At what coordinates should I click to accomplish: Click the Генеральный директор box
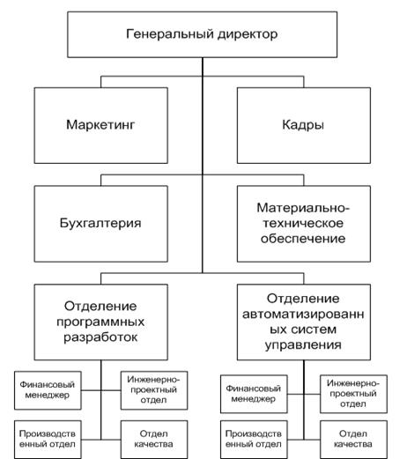(x=202, y=34)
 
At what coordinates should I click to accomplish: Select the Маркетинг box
(x=101, y=125)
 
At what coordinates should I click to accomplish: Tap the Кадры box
(x=304, y=125)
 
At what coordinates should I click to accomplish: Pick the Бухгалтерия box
(x=101, y=224)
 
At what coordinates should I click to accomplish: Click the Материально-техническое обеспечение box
(x=304, y=224)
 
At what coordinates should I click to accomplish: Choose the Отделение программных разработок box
(x=101, y=322)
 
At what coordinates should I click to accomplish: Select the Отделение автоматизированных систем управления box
(x=304, y=322)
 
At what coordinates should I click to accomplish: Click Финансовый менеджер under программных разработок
(x=48, y=390)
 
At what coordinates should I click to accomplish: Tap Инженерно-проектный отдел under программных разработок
(x=154, y=390)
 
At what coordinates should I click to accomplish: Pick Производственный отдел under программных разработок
(x=48, y=440)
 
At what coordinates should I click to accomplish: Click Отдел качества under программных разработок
(x=154, y=440)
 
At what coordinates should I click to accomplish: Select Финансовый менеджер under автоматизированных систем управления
(x=254, y=394)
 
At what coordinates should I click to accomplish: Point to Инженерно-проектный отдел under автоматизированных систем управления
(x=353, y=394)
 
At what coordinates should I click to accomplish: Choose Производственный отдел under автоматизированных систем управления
(x=254, y=440)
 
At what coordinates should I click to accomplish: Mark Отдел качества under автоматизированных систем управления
(x=353, y=440)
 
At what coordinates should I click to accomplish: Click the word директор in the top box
(x=248, y=34)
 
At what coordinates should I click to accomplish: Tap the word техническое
(x=303, y=223)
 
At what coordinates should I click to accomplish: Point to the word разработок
(x=100, y=337)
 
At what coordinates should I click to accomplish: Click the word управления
(x=303, y=345)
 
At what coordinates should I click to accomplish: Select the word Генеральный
(x=170, y=34)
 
